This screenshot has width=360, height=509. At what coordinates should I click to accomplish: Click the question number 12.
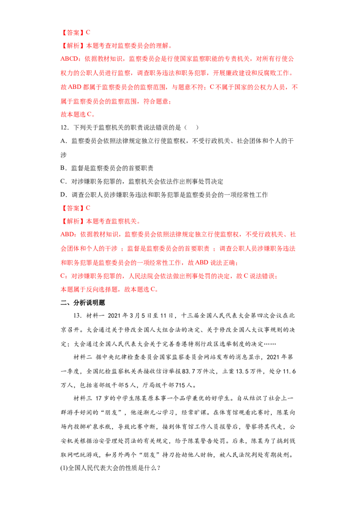(65, 128)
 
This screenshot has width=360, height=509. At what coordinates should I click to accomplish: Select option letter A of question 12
(63, 141)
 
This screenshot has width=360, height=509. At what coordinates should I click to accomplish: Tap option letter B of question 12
(63, 168)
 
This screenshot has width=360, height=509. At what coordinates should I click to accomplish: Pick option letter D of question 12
(63, 195)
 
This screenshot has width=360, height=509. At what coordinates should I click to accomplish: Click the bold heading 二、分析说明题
(83, 303)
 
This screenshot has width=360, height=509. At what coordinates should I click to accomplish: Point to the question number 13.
(78, 316)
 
